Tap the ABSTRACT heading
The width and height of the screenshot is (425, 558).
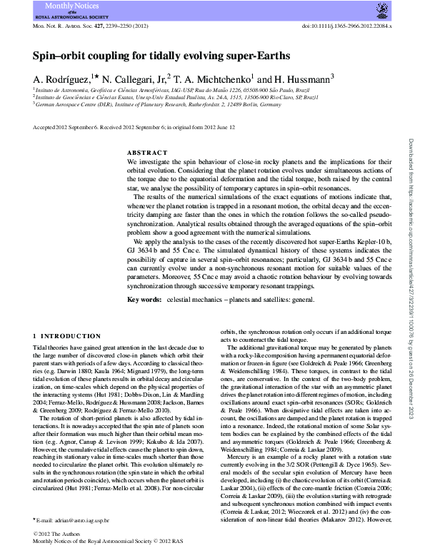coord(147,153)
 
